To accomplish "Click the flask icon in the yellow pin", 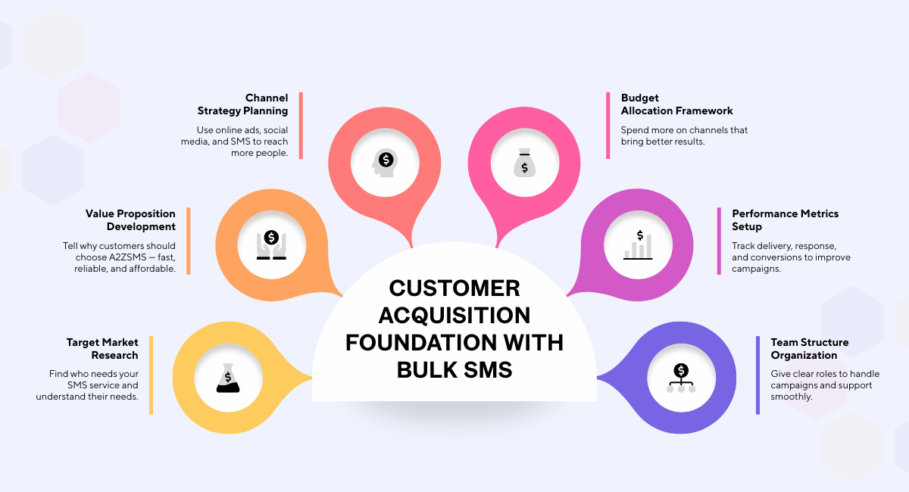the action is [x=227, y=377].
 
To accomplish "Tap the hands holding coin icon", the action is [x=271, y=244].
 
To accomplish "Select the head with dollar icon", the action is [x=385, y=161].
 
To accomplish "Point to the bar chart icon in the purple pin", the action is [x=638, y=244].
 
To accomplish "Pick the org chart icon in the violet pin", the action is [x=681, y=378].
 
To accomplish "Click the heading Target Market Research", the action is [x=102, y=349].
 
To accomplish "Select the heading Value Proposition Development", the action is [x=130, y=220].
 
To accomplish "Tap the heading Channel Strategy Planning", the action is [x=243, y=104].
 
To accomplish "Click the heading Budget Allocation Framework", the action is [x=677, y=104].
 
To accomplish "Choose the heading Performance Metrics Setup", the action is [x=785, y=220].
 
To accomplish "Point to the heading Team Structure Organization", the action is [x=809, y=349].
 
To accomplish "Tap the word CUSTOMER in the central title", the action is [x=454, y=288].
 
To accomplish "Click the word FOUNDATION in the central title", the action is [x=414, y=342].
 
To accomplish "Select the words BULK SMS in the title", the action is [x=454, y=369].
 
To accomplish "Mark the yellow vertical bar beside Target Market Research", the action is [x=151, y=375].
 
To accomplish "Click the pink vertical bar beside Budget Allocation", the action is [x=608, y=125].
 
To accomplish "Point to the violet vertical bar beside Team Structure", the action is [x=757, y=375].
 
